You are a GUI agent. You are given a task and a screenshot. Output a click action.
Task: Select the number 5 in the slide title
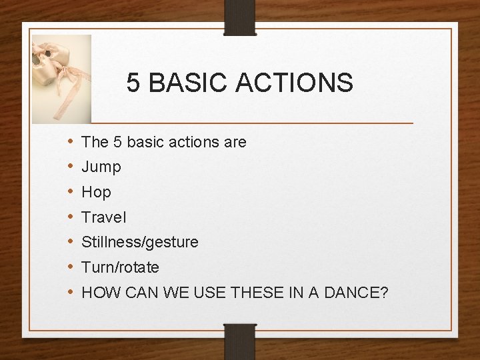tap(133, 83)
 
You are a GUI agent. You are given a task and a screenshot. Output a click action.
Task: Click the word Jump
tap(101, 167)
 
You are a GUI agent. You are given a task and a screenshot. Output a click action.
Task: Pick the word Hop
tap(96, 193)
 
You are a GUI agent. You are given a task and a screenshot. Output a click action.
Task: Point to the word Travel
tap(103, 217)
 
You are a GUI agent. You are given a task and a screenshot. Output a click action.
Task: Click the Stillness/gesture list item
tap(139, 243)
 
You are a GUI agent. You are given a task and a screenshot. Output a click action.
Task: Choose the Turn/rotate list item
tap(120, 268)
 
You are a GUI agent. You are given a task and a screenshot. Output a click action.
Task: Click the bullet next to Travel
tap(70, 217)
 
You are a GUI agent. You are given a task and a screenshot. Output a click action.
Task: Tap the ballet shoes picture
tap(62, 78)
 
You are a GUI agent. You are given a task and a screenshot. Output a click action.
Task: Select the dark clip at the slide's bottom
tap(240, 341)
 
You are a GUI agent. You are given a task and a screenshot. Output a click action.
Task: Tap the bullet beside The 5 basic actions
tap(70, 142)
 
